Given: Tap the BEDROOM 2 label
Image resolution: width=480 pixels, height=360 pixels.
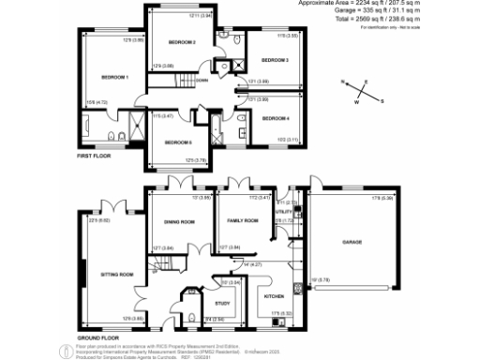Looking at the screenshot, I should (x=181, y=42).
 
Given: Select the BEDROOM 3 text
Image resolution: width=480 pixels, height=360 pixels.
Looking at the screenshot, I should (x=274, y=60).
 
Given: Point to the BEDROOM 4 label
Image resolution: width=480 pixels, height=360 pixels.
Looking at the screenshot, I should (x=276, y=118).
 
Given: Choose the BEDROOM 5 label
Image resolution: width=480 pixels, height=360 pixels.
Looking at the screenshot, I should (x=177, y=142).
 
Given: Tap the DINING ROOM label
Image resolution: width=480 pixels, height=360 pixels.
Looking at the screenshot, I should (x=180, y=221).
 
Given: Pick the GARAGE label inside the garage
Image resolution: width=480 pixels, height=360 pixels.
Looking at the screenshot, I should (x=352, y=242).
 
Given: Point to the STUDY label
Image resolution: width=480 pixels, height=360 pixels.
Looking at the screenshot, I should (x=222, y=303).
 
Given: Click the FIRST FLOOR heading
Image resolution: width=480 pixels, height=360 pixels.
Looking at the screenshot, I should (x=97, y=169).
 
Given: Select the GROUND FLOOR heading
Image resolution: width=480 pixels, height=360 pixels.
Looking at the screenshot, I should (x=97, y=337).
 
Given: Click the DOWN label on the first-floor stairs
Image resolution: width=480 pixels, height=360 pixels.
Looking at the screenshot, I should (x=202, y=81).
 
